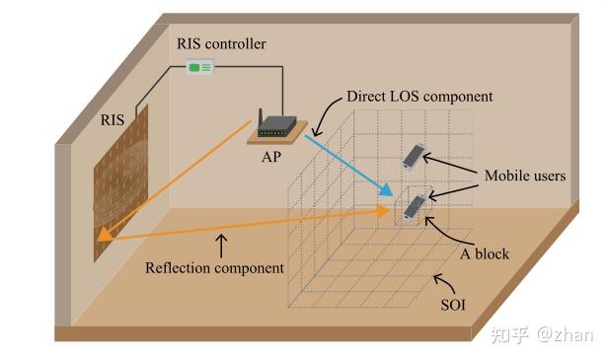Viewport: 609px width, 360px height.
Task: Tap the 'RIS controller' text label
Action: pyautogui.click(x=221, y=43)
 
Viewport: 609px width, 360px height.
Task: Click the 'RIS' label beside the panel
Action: pyautogui.click(x=113, y=119)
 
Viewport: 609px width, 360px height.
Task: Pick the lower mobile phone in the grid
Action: pyautogui.click(x=415, y=205)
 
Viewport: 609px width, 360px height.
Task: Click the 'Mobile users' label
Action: pyautogui.click(x=524, y=176)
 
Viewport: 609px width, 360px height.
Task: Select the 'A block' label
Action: pyautogui.click(x=484, y=253)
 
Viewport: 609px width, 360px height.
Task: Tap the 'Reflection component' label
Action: pyautogui.click(x=214, y=266)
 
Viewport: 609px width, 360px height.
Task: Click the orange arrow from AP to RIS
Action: pyautogui.click(x=178, y=178)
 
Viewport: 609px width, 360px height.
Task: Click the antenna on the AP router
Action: pyautogui.click(x=260, y=118)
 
